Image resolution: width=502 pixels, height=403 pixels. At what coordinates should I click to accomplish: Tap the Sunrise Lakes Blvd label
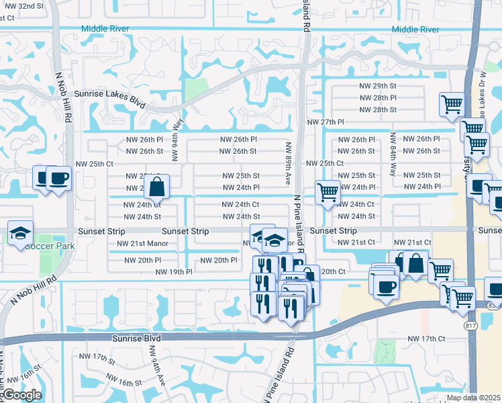(110, 95)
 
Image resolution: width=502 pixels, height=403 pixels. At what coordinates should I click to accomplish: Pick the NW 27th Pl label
(325, 122)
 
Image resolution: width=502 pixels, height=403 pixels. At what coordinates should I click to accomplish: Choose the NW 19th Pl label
(174, 272)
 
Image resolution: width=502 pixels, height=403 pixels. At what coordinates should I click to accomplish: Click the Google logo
(22, 395)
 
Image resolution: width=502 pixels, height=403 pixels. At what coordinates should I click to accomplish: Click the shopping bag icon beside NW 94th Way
(156, 187)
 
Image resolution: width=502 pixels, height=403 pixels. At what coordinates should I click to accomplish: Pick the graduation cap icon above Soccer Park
(20, 233)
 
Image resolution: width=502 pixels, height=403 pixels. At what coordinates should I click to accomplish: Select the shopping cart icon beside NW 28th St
(452, 105)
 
